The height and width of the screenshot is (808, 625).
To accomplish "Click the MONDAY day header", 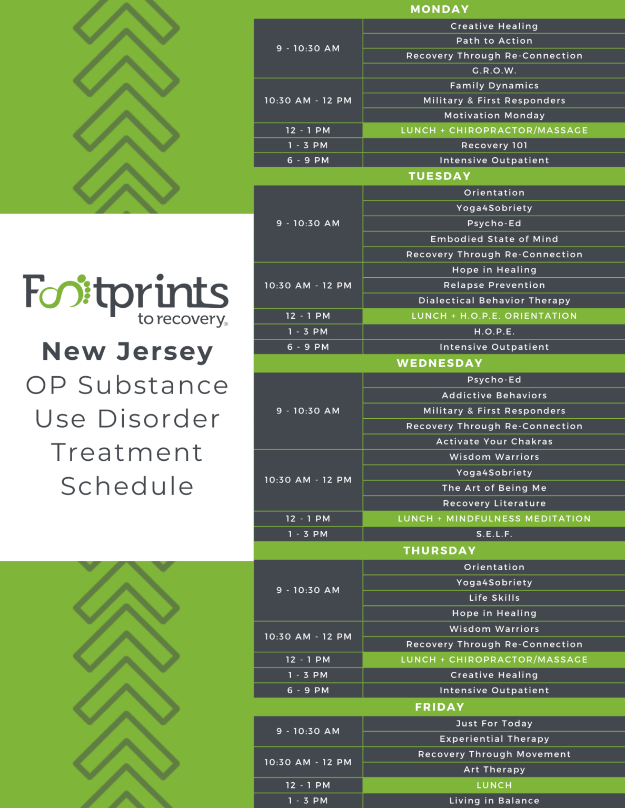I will [439, 9].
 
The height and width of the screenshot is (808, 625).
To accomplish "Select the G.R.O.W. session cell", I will [494, 70].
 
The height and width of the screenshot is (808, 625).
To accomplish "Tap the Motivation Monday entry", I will [494, 115].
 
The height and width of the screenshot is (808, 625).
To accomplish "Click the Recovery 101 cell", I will [494, 145].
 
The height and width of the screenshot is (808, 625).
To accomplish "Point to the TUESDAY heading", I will [439, 176].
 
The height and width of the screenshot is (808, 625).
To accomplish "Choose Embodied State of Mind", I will [494, 239].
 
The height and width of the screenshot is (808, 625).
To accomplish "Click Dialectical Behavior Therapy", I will [494, 300].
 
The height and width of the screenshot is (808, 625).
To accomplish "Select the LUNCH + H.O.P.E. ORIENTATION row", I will [494, 316].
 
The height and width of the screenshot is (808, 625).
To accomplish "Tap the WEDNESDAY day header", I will [439, 363].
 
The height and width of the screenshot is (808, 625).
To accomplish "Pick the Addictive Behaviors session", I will [494, 395].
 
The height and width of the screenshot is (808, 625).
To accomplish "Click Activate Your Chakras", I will [494, 441].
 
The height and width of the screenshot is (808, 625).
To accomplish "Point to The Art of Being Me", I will [494, 488].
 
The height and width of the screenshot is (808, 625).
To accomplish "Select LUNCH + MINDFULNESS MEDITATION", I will [494, 518].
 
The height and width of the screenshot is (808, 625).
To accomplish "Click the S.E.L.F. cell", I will [494, 534].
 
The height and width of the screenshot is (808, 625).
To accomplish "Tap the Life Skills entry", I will [494, 598].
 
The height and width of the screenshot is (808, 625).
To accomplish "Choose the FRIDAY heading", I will [439, 707].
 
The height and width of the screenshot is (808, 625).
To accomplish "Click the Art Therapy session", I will [494, 769].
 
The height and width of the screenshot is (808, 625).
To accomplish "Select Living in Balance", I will [494, 800].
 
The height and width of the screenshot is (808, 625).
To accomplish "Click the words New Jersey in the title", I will [127, 351].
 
